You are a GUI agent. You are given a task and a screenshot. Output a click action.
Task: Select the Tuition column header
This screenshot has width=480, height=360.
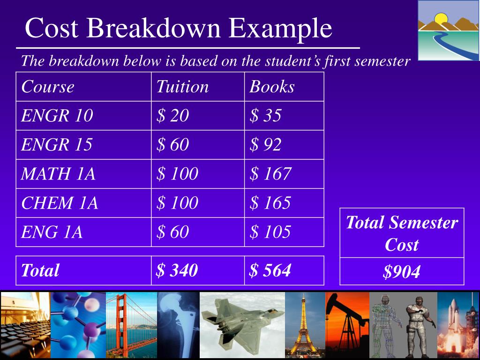182,87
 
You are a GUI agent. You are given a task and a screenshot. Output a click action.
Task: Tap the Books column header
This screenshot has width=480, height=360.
272,87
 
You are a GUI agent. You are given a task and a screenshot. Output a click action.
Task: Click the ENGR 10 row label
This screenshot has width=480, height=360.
57,115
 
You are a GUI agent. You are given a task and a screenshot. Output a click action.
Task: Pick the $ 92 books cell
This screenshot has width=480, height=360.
265,145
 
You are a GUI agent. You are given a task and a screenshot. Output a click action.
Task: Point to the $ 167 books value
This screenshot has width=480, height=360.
270,174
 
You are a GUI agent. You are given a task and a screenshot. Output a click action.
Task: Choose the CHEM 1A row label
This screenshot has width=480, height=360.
60,203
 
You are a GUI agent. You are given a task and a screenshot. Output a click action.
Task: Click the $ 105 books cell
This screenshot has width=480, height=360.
270,232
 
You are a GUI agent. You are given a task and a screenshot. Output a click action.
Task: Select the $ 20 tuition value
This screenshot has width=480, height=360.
172,115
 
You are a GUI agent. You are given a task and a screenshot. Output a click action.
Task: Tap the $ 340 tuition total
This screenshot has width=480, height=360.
177,270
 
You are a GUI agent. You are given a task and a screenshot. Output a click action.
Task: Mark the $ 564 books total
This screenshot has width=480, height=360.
270,270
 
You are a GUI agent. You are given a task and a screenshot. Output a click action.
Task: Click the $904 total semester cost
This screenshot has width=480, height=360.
401,272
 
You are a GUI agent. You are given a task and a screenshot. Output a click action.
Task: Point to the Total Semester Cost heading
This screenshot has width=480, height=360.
402,233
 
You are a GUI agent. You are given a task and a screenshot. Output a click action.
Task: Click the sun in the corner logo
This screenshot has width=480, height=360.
441,19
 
